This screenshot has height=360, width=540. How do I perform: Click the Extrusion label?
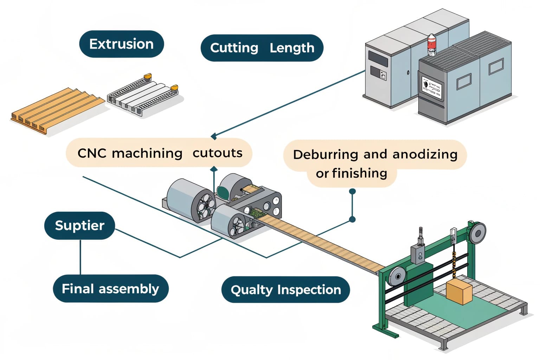click(x=121, y=44)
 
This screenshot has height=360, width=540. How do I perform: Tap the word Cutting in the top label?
click(x=234, y=48)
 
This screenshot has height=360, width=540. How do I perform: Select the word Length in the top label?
click(x=292, y=48)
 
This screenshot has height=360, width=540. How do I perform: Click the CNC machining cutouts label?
click(x=159, y=153)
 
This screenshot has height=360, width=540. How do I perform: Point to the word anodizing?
click(x=425, y=154)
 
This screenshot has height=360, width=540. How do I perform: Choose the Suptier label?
click(x=79, y=225)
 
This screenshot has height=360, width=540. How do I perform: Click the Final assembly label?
click(x=110, y=289)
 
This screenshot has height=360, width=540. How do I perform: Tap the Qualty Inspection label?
click(x=285, y=290)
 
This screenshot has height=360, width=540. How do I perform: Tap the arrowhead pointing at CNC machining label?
click(x=213, y=136)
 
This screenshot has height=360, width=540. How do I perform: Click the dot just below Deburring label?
click(x=352, y=192)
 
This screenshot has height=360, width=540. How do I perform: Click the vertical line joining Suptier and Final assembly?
click(x=81, y=257)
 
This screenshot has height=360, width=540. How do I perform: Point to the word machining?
click(x=147, y=153)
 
